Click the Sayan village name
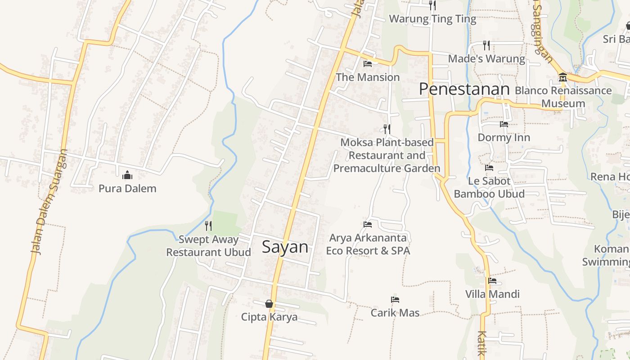(285, 247)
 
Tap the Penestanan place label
(464, 89)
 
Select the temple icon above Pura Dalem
(127, 175)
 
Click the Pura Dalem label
(127, 188)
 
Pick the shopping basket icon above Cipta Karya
(269, 304)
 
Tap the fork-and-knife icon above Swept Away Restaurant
(208, 225)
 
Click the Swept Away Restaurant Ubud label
(208, 246)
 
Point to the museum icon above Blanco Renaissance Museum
(562, 78)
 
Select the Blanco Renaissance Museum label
(563, 97)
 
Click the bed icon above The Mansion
(368, 64)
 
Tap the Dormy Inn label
(504, 137)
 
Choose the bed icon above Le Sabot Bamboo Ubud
(489, 168)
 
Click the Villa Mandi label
(492, 294)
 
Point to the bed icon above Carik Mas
(395, 300)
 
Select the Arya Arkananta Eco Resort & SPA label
(368, 244)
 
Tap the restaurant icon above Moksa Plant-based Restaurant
(387, 129)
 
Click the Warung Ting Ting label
(432, 19)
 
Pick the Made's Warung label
(486, 59)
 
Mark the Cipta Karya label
(269, 317)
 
